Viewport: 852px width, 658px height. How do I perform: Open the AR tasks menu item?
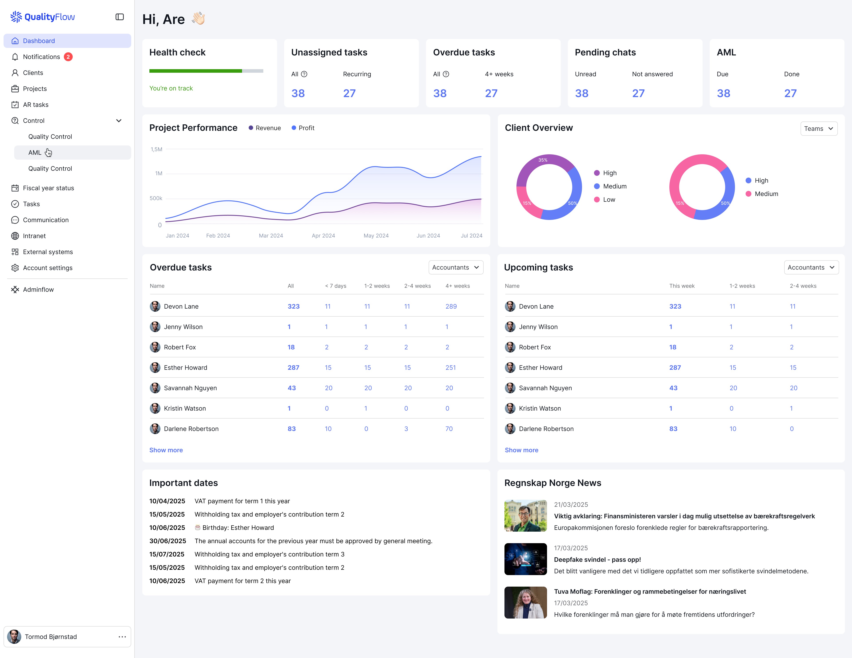point(35,105)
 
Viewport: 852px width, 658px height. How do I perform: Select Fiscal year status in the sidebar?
point(48,188)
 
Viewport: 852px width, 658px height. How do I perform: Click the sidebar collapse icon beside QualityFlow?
point(119,17)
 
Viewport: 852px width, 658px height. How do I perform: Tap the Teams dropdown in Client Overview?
point(819,128)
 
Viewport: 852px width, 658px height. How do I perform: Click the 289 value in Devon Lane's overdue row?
point(451,306)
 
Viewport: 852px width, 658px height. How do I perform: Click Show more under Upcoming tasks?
point(521,450)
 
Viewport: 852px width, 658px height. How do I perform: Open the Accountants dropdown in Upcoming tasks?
point(811,267)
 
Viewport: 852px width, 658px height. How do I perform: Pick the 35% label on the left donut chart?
point(543,160)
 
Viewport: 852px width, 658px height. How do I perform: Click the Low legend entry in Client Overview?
point(609,200)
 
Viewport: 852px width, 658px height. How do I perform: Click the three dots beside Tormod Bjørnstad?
point(122,636)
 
